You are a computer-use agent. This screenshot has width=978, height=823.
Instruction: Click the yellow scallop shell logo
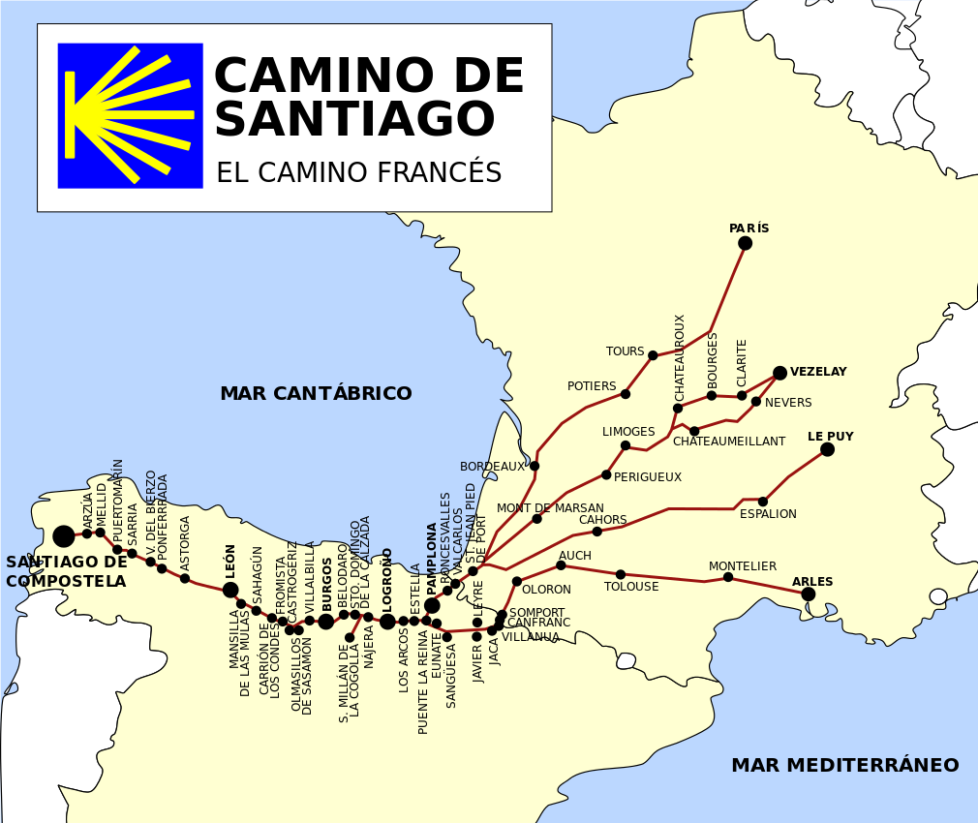130,115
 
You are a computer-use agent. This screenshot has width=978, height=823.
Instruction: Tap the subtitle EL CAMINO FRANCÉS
358,173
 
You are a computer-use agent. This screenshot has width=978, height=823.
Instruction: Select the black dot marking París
745,243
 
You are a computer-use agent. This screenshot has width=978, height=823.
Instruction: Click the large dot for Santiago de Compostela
64,536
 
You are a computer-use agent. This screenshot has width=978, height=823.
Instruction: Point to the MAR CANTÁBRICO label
316,394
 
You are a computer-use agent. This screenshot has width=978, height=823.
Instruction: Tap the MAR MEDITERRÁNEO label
844,766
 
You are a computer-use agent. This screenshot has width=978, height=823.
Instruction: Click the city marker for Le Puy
827,449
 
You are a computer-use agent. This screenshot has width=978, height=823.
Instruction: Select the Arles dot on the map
809,594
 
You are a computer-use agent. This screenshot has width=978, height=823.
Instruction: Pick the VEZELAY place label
818,372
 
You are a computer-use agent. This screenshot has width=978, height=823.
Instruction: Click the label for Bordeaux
492,467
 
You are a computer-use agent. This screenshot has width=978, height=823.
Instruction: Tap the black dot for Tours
653,355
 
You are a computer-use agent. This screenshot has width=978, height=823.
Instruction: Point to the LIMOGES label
628,432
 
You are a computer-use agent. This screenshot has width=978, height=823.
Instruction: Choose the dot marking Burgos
326,622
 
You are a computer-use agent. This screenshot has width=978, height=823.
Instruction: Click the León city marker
230,591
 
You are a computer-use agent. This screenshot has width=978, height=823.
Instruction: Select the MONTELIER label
743,566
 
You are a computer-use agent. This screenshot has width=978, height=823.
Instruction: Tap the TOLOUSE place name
631,587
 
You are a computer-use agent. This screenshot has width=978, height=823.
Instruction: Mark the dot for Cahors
596,532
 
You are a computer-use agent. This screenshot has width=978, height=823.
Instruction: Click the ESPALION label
768,514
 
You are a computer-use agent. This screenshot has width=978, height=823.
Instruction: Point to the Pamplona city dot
432,606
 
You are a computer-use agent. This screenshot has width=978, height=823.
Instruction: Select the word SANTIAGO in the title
353,121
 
